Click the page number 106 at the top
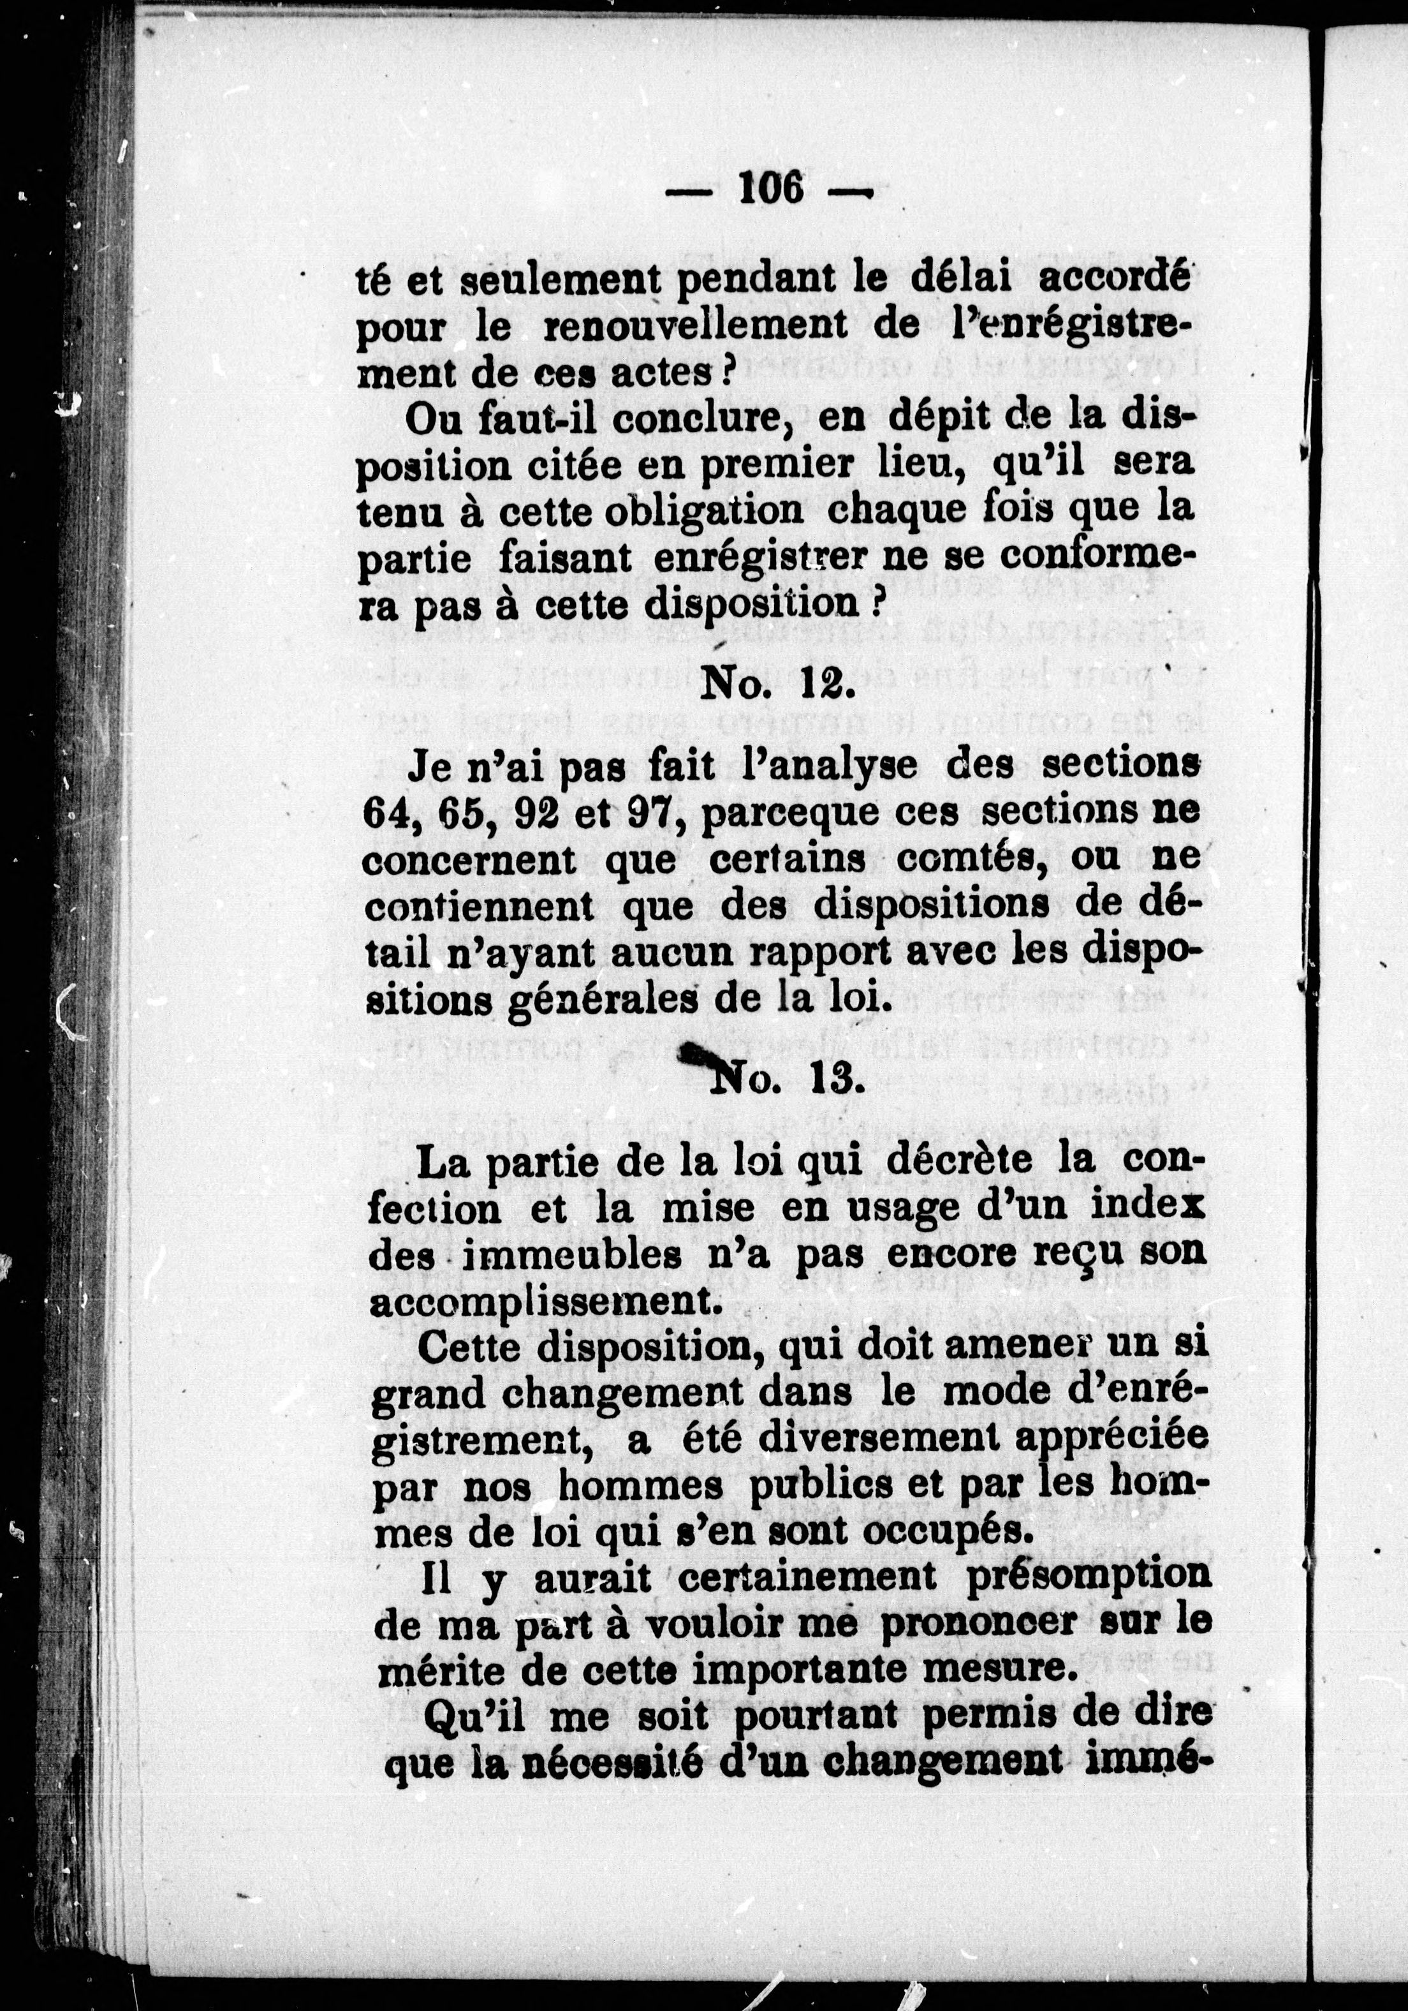click(x=770, y=186)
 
